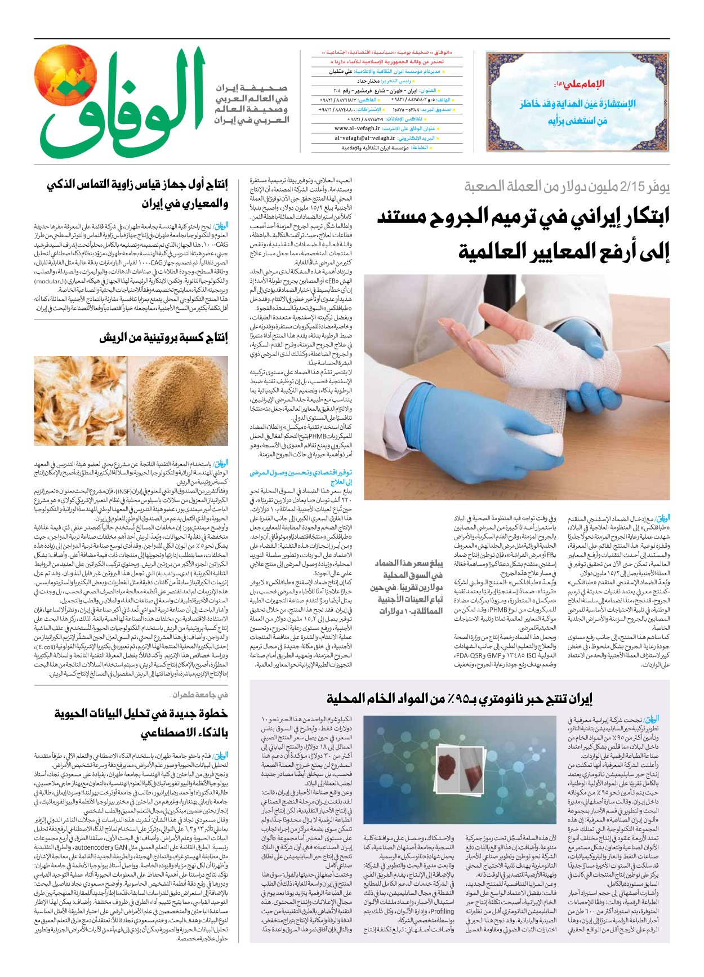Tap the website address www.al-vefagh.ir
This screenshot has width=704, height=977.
point(357,128)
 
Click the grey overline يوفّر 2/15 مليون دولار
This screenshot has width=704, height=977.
point(567,186)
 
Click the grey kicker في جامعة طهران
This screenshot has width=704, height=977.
point(200,695)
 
